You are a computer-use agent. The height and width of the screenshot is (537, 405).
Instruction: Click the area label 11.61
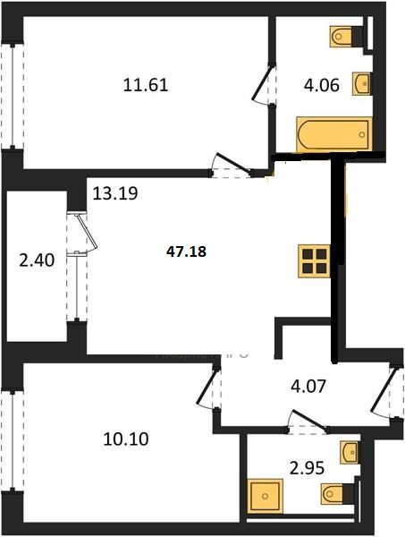[146, 86]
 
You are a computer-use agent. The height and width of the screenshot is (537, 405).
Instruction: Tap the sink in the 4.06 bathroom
[362, 83]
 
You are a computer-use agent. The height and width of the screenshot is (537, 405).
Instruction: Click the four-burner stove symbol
[314, 260]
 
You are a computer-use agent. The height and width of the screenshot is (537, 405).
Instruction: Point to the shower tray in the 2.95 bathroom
[264, 495]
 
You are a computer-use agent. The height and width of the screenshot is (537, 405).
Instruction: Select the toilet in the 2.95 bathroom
[338, 491]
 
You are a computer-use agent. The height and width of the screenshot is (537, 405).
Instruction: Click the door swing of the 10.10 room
[207, 390]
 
